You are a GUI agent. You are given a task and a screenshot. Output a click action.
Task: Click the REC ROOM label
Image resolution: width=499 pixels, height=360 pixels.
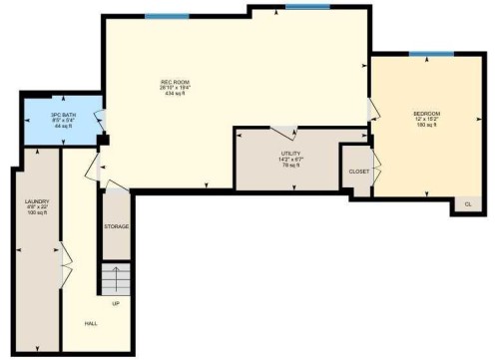pos(176,82)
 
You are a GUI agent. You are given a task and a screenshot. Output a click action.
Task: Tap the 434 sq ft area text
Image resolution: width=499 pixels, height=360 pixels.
pos(176,94)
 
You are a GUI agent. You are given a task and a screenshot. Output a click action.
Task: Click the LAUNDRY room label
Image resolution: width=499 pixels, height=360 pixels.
pos(37,201)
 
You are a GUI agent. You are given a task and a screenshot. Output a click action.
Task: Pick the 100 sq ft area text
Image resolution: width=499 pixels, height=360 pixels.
pos(37,213)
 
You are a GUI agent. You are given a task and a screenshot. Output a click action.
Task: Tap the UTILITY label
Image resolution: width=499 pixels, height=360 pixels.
pos(292,153)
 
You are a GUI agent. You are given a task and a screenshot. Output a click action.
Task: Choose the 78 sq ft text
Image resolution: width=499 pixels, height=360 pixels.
pos(292,165)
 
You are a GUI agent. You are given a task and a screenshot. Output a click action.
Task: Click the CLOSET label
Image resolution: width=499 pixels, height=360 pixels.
pos(359,172)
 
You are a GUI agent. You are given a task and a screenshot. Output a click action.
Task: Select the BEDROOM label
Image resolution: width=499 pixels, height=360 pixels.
pos(427,114)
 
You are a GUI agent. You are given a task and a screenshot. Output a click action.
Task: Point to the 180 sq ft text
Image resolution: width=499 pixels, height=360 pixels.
pos(427,126)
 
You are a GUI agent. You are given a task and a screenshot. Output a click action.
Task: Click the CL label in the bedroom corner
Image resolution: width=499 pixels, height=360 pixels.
pos(468,204)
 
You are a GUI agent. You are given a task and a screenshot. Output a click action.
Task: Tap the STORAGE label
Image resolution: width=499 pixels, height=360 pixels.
pos(117,227)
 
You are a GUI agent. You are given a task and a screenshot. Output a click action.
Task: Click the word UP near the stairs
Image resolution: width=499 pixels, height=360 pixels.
pos(116,303)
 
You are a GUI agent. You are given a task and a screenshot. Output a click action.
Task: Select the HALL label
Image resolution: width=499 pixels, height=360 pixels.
pos(91,323)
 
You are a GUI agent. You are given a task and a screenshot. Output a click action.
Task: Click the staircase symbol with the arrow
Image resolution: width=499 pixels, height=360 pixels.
pos(117,277)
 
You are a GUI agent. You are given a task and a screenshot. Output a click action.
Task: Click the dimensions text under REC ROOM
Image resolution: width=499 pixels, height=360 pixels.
pos(176,88)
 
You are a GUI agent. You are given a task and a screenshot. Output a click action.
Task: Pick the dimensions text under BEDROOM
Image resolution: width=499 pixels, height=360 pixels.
pos(427,120)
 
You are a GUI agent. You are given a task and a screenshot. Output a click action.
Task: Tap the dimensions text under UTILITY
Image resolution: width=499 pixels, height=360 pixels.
pos(292,159)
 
